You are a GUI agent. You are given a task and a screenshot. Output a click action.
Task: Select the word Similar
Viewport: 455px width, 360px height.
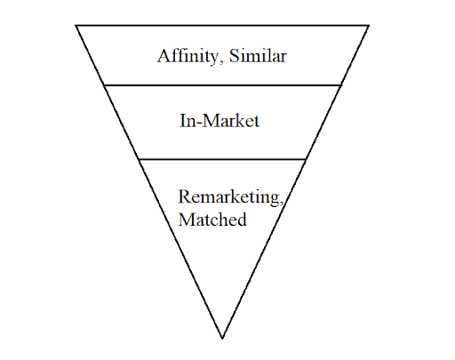[258, 55]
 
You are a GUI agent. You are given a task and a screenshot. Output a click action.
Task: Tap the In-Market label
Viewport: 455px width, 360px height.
[220, 121]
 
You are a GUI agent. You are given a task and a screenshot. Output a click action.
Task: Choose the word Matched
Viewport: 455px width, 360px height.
[212, 220]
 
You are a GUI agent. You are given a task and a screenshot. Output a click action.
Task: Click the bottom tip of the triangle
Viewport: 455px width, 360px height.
[222, 339]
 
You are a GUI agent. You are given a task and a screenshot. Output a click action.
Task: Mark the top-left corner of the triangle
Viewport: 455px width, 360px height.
[76, 26]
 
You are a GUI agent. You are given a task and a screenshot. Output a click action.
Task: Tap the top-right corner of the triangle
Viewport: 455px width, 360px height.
[369, 26]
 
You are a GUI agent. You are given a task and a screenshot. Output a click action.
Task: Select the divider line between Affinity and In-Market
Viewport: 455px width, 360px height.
[222, 85]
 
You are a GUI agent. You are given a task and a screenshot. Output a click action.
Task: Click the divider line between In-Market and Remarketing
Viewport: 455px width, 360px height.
[222, 159]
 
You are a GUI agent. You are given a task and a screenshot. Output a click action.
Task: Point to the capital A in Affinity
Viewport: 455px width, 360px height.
[163, 56]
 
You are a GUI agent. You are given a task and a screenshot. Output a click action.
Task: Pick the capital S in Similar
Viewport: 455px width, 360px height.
[234, 56]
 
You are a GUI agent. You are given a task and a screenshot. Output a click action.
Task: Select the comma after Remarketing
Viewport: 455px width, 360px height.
[282, 204]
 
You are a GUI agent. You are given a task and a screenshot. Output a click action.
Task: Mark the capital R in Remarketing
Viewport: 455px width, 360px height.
[184, 196]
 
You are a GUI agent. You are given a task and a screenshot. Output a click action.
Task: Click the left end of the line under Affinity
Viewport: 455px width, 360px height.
[104, 85]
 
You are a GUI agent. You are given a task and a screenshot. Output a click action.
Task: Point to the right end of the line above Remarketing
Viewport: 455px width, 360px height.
[306, 159]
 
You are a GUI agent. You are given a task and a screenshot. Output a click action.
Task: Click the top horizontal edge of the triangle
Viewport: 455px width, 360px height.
[222, 26]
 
